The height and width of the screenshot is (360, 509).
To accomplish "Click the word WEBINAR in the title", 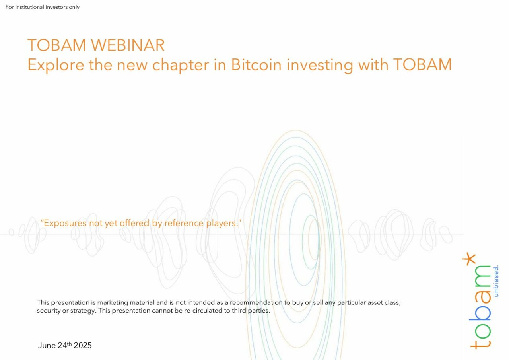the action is [128, 45].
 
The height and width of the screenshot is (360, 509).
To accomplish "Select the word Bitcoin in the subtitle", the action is [256, 65].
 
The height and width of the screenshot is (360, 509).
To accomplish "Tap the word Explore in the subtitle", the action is [56, 65].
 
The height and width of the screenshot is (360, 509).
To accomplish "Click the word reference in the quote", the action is [184, 223].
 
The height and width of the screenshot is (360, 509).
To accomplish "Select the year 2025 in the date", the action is [83, 345].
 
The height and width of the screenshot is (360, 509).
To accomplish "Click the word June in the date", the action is [47, 345].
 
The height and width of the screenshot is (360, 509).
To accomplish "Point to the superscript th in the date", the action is [69, 343].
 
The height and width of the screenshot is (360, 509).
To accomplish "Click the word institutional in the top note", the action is [30, 7].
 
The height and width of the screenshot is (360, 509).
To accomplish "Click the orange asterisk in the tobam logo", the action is [469, 259].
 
